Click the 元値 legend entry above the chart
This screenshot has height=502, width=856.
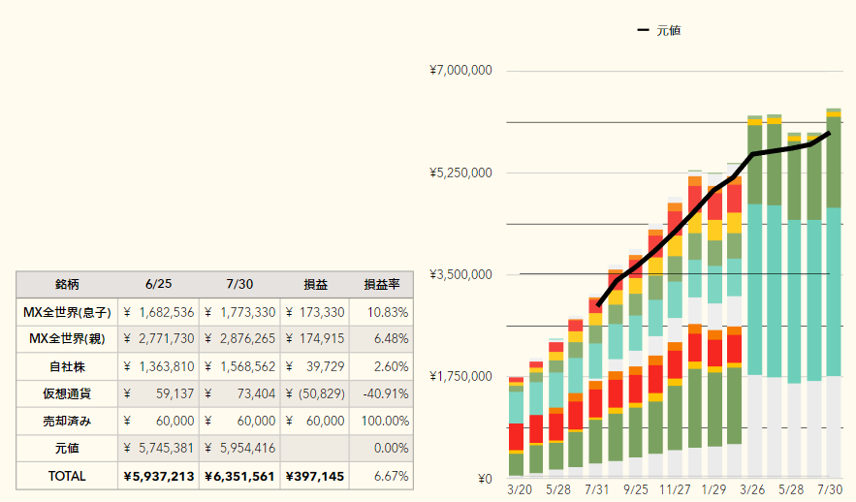point(659,31)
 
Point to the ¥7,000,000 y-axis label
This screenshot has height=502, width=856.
point(460,71)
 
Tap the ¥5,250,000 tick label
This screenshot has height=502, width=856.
point(460,173)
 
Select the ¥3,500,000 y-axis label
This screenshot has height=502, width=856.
point(460,274)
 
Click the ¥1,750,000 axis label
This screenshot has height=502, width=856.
point(460,376)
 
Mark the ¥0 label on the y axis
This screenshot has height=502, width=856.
point(485,479)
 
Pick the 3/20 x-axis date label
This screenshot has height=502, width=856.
point(520,489)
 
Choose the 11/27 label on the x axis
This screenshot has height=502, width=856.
point(675,489)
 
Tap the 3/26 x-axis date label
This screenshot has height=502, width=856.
point(752,489)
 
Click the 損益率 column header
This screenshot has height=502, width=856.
point(382,284)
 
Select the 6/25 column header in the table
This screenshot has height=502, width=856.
point(158,284)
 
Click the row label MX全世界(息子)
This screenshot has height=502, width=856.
point(67,312)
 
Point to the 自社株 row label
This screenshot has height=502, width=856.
point(67,366)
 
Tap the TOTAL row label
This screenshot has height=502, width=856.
point(67,476)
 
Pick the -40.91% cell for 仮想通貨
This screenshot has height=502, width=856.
point(386,394)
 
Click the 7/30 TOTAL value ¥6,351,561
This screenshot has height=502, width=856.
point(239,477)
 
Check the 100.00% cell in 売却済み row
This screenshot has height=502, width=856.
point(385,422)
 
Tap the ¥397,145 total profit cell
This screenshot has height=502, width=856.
point(315,477)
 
